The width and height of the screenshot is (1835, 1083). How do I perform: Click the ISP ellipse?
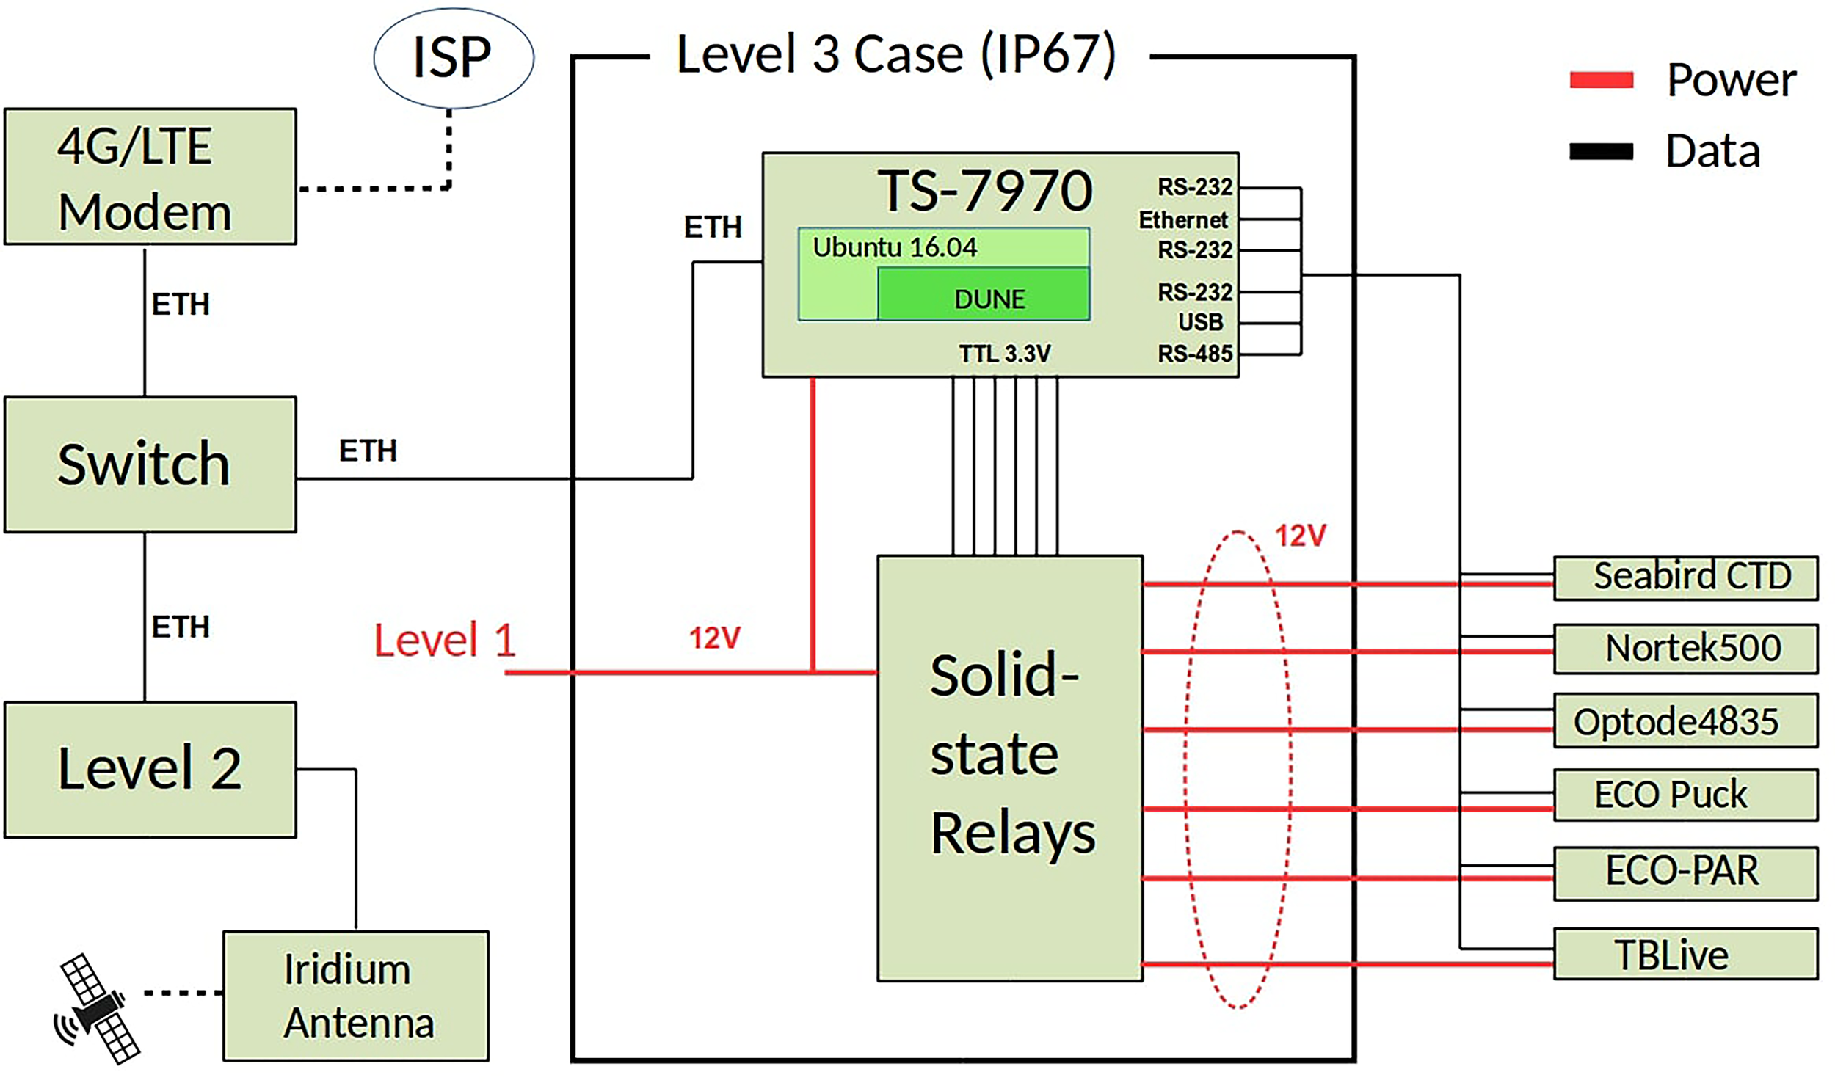pos(453,58)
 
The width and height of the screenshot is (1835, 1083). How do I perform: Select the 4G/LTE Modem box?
pos(150,176)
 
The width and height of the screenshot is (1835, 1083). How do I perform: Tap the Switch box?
pos(150,464)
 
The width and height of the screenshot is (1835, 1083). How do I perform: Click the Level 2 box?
pos(150,769)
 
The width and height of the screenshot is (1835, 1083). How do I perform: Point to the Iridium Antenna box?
pos(356,995)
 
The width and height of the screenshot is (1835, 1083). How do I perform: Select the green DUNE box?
pos(984,294)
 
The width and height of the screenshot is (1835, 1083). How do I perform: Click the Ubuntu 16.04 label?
pos(894,247)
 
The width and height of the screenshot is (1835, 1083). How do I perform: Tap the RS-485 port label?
pos(1194,354)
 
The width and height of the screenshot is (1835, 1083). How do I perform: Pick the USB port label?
pos(1200,322)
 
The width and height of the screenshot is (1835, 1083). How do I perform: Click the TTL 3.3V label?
pos(1004,354)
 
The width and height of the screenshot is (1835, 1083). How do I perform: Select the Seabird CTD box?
pos(1685,577)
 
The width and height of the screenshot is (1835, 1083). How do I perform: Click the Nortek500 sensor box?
pos(1685,648)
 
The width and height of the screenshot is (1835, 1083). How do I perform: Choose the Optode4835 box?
pos(1685,721)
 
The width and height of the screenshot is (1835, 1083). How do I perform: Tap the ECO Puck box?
pos(1685,794)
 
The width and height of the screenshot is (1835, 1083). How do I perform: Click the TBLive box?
pos(1685,954)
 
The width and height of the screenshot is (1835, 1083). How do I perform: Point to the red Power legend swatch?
pos(1601,79)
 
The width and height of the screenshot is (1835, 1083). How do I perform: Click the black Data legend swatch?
pos(1601,151)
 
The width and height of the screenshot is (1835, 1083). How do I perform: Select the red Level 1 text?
pos(445,640)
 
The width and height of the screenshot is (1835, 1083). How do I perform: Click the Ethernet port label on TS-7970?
pos(1182,219)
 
